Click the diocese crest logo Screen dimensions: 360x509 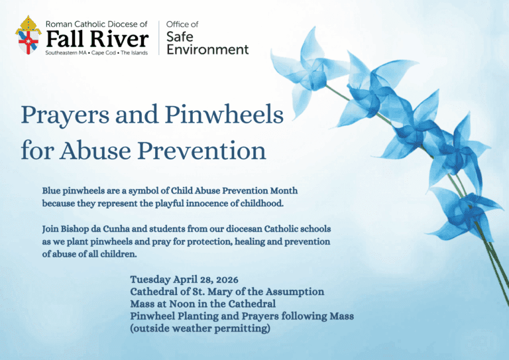[x=28, y=35]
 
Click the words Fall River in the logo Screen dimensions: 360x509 [x=97, y=38]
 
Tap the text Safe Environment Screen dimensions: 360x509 [x=207, y=42]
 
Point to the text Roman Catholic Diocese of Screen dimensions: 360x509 [x=97, y=24]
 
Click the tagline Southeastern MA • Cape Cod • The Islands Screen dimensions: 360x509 [x=97, y=52]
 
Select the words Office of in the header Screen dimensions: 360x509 [x=182, y=25]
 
